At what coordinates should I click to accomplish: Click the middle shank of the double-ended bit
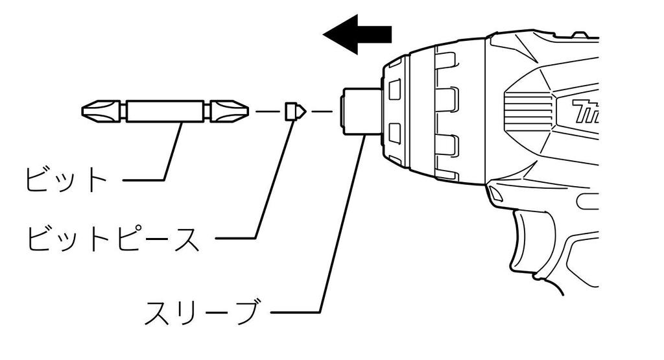click(166, 111)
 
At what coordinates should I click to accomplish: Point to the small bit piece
click(294, 112)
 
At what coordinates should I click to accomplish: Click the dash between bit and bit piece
click(267, 112)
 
